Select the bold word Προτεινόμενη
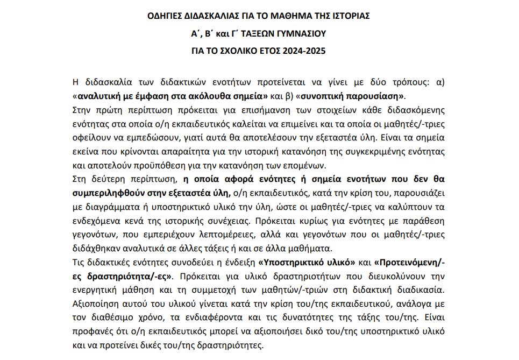(x=410, y=263)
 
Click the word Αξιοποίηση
(x=96, y=303)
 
